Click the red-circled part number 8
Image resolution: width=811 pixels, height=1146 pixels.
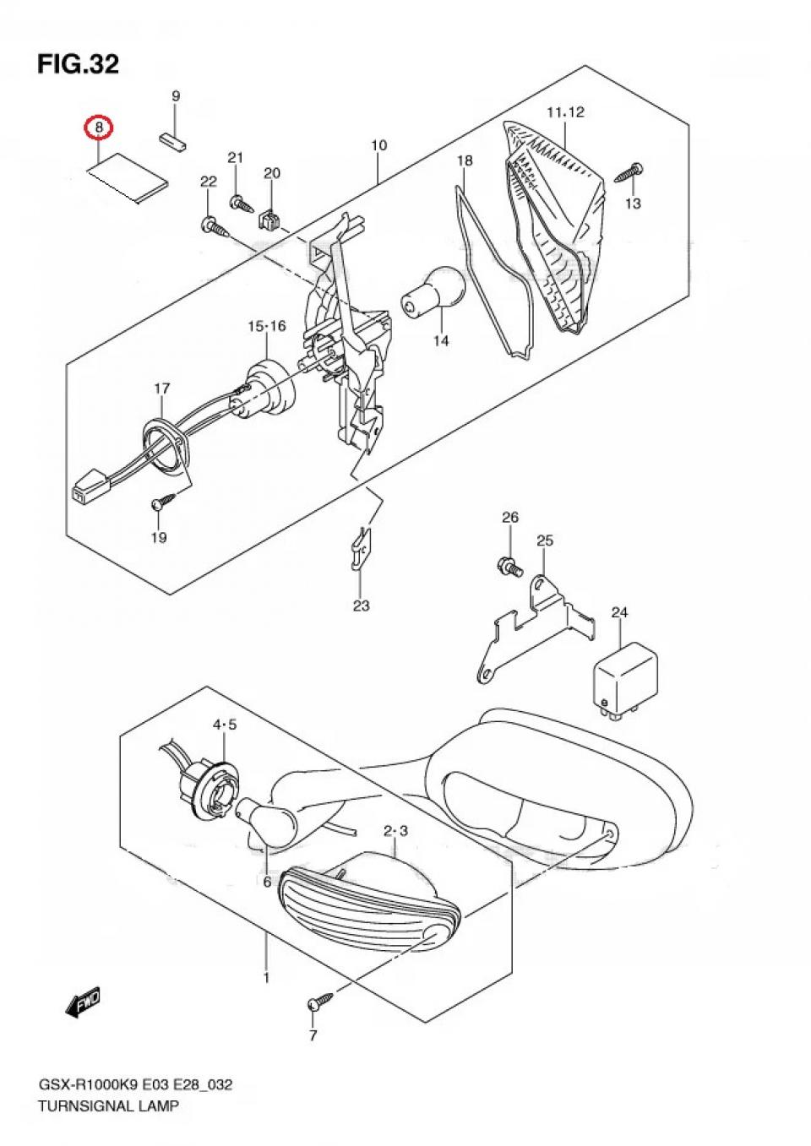(x=100, y=128)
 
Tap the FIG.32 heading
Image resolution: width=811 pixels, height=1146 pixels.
(x=78, y=63)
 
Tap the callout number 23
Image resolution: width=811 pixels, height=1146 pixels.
(x=362, y=606)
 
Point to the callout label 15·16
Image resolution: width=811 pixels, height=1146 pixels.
(x=267, y=326)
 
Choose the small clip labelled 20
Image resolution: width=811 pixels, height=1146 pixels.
(x=268, y=218)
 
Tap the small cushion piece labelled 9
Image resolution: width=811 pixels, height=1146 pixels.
(x=173, y=139)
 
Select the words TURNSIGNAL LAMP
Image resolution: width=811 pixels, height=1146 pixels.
(x=108, y=1105)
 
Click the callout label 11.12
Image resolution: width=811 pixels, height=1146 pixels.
(x=565, y=111)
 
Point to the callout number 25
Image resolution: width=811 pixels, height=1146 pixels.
(x=545, y=540)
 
